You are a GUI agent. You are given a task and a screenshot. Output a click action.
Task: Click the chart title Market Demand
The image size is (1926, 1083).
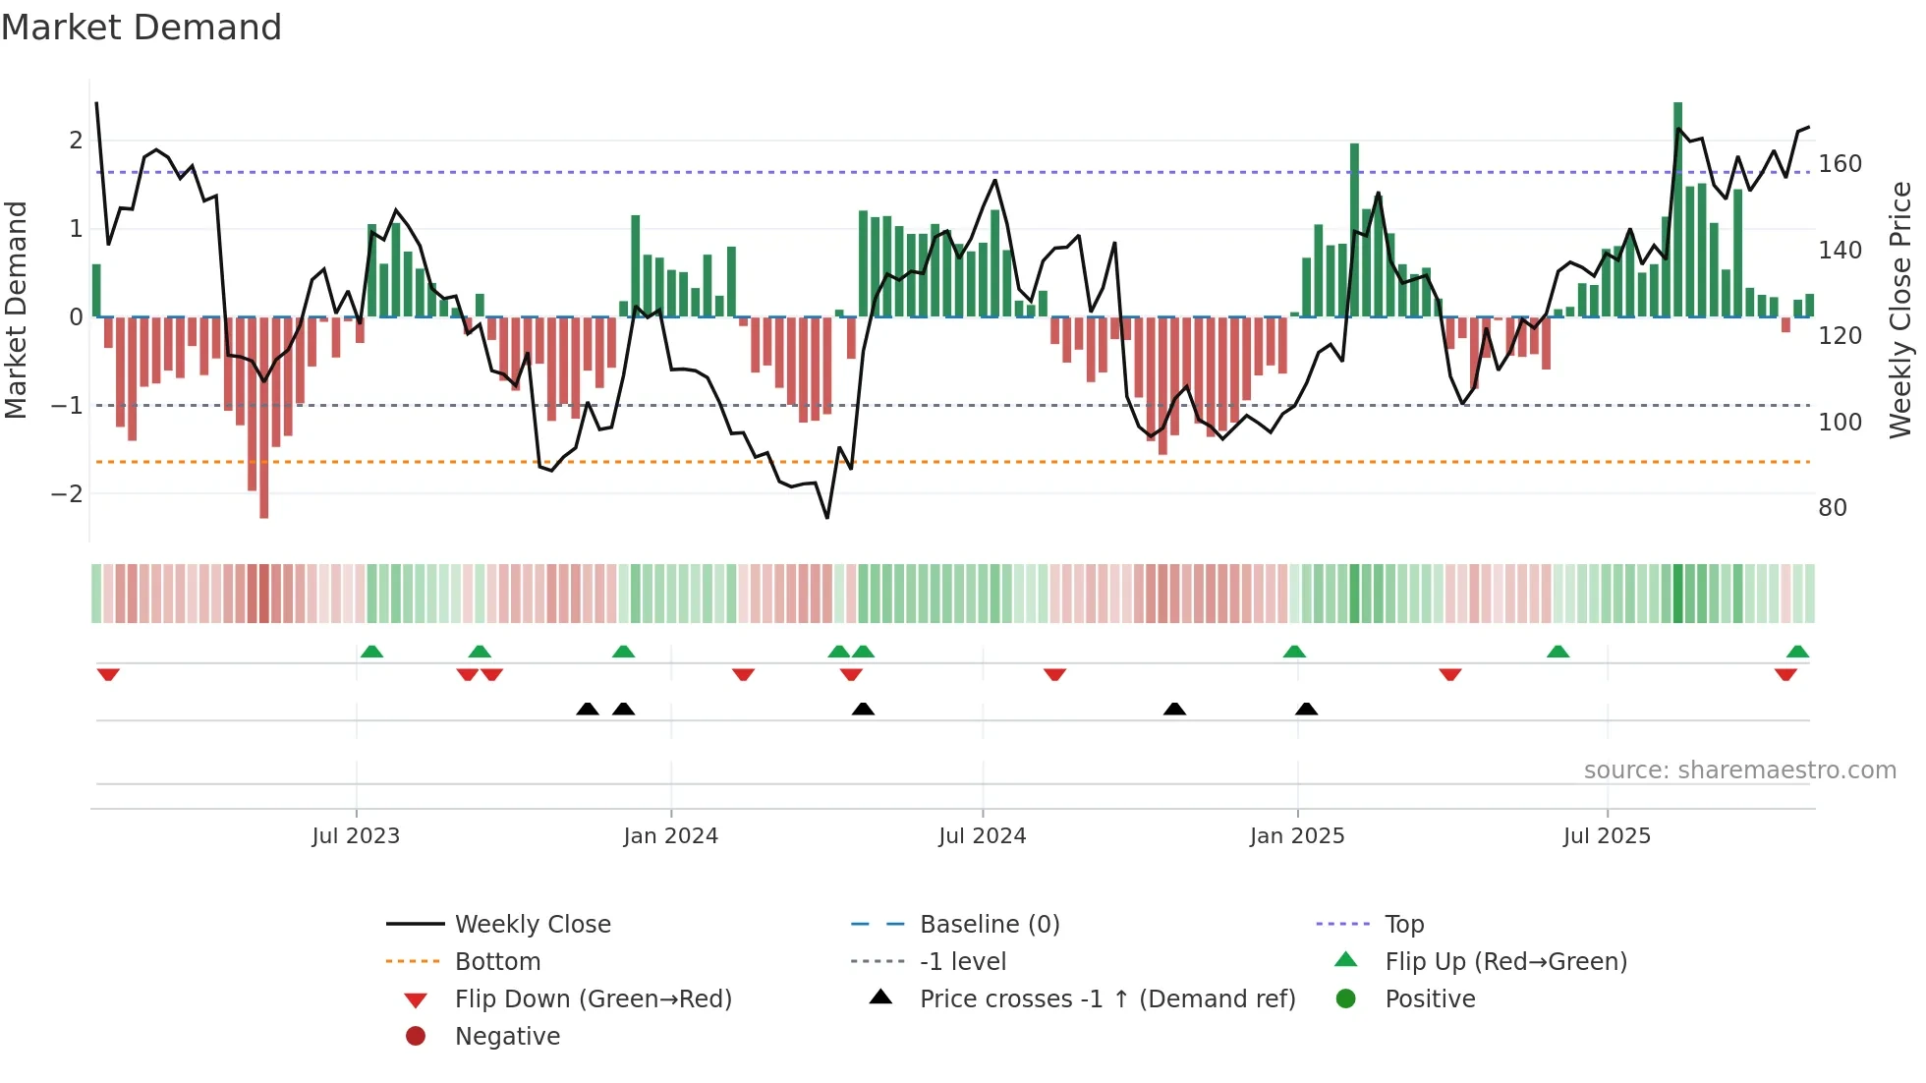[142, 28]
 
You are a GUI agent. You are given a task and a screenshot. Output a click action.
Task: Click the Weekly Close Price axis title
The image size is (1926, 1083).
[1900, 310]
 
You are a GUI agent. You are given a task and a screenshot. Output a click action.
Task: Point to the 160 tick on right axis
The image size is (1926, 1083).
[1840, 164]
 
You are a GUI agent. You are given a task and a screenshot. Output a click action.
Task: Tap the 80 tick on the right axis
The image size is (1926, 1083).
[1833, 508]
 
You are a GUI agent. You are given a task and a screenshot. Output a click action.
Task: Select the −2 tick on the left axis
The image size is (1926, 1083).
[67, 493]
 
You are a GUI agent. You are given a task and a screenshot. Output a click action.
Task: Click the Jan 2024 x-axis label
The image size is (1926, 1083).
[670, 836]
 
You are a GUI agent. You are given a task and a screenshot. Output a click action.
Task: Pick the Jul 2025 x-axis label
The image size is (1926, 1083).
[1607, 836]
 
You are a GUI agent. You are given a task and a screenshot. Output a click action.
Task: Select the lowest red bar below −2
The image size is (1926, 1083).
[263, 418]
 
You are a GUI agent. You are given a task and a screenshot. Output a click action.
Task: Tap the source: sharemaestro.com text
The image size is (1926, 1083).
[1739, 770]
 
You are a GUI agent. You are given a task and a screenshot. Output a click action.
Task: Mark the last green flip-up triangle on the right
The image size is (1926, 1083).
[1797, 652]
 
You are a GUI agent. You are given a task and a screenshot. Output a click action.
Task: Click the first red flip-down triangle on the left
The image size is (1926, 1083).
[108, 674]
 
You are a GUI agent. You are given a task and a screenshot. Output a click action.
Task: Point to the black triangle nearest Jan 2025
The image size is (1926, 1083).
[1306, 709]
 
